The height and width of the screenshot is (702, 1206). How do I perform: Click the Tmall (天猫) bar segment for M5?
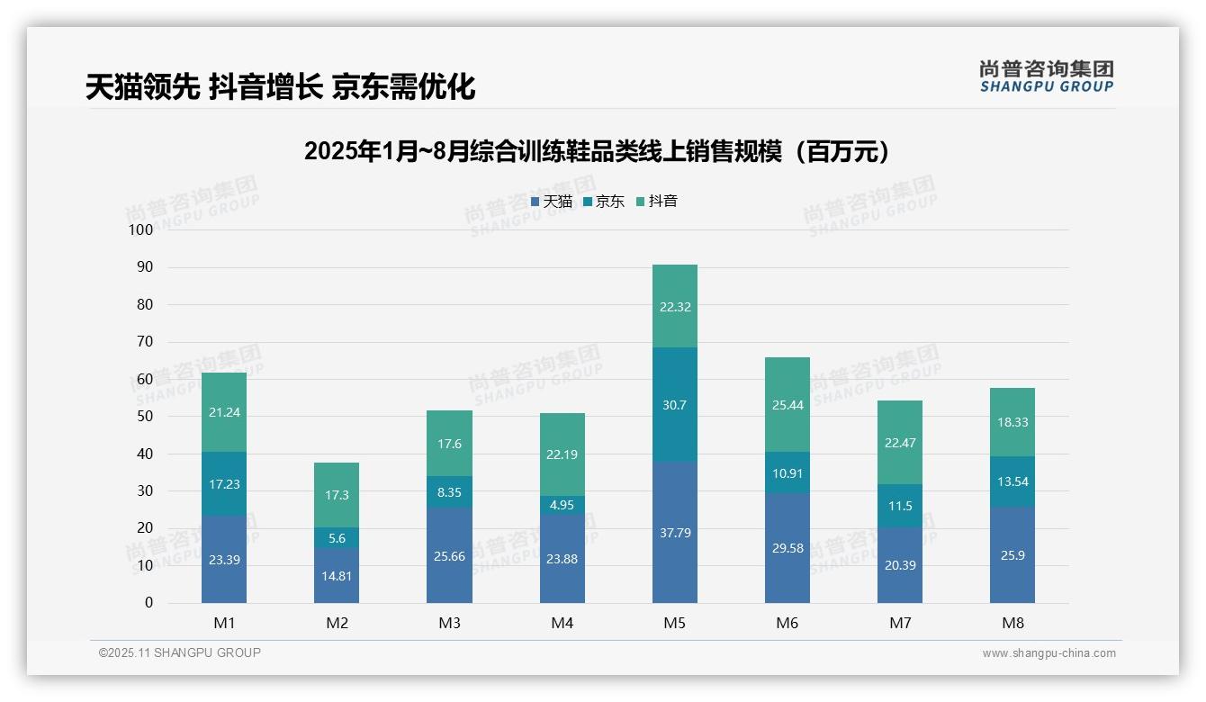click(x=674, y=533)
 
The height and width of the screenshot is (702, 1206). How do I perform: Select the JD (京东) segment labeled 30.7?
click(x=674, y=405)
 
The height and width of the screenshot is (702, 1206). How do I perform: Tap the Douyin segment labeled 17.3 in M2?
click(x=337, y=495)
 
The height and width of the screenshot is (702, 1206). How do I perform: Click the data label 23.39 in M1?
click(x=224, y=560)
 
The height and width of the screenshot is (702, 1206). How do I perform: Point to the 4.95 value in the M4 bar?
click(x=562, y=505)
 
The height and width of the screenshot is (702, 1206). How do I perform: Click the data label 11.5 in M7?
click(x=899, y=506)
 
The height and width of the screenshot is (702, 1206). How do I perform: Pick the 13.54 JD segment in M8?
click(x=1012, y=481)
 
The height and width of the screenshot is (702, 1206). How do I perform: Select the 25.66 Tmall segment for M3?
click(x=449, y=556)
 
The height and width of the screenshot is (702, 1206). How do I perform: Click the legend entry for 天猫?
click(x=552, y=202)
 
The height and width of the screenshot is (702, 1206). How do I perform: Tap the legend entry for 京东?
click(x=604, y=202)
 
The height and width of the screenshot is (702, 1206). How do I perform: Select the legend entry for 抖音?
click(x=657, y=202)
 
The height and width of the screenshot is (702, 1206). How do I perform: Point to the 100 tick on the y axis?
click(x=141, y=229)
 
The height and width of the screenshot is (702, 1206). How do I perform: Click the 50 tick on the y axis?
click(x=145, y=417)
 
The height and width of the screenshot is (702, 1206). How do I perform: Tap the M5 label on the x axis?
click(x=674, y=623)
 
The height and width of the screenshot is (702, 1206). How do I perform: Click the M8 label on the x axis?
click(x=1012, y=623)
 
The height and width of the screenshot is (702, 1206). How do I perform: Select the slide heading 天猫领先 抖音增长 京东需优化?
click(x=280, y=86)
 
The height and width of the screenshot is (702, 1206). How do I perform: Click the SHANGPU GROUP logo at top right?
click(x=1046, y=76)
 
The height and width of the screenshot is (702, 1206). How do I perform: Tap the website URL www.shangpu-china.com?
click(x=1048, y=653)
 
